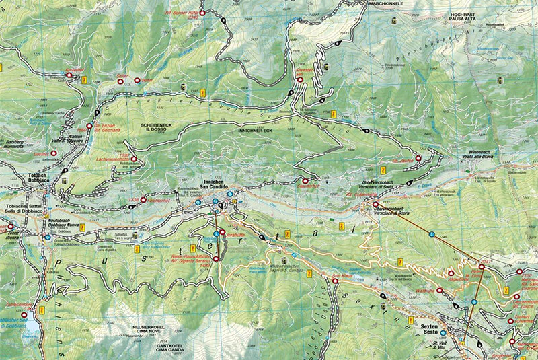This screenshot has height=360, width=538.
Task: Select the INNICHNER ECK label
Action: pyautogui.click(x=255, y=128)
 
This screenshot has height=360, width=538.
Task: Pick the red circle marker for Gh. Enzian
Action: pyautogui.click(x=89, y=126)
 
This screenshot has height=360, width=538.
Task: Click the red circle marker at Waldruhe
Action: pyautogui.click(x=440, y=291)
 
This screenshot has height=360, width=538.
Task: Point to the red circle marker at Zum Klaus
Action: pyautogui.click(x=334, y=281)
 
